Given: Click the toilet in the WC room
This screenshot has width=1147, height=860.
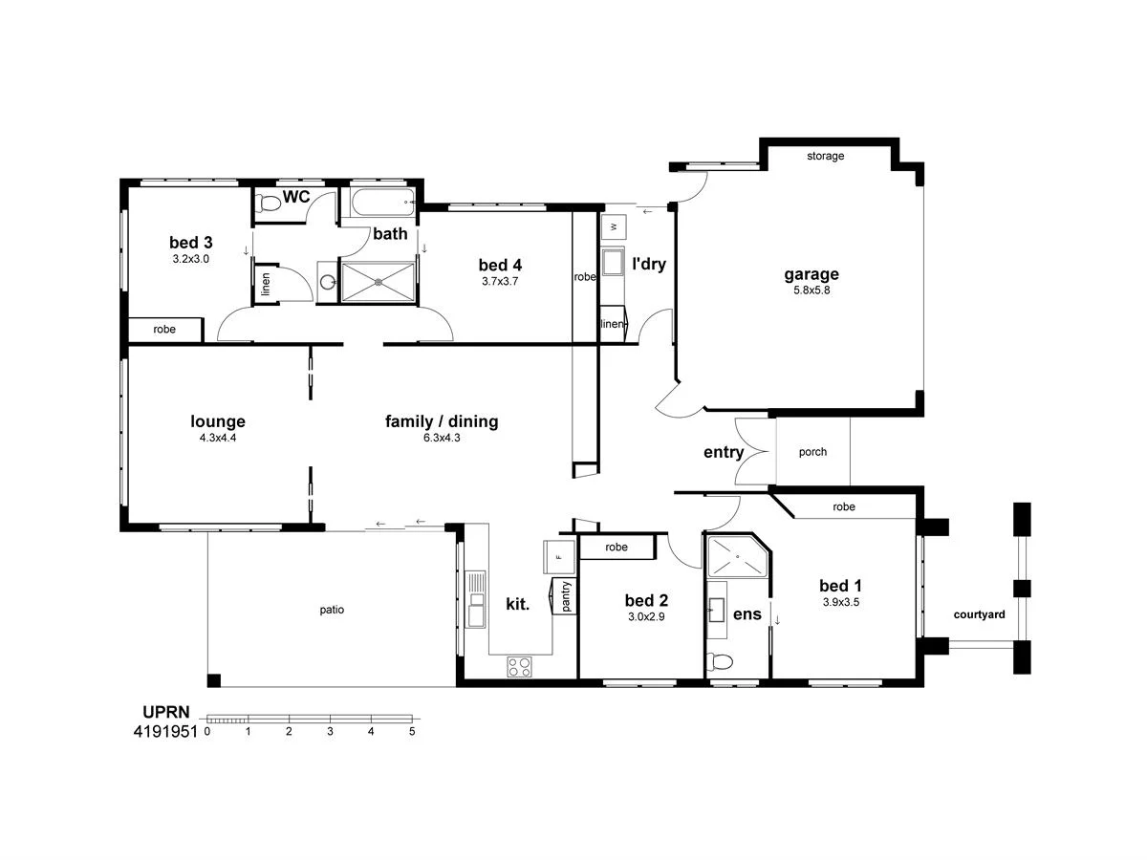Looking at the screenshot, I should click(x=270, y=203).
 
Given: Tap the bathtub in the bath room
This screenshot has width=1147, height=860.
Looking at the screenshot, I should click(x=382, y=203).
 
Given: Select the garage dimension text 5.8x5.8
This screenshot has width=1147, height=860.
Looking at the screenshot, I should click(x=812, y=290).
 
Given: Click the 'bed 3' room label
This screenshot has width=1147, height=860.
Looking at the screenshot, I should click(x=190, y=242).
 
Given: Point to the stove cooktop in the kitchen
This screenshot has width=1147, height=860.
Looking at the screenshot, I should click(x=519, y=667).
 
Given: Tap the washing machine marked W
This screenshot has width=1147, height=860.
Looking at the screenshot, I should click(x=613, y=226).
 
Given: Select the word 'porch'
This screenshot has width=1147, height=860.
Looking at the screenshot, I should click(x=812, y=452).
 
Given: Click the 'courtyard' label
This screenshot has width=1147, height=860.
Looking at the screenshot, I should click(x=979, y=614).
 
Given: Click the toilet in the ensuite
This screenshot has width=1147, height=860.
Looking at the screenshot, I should click(x=722, y=661).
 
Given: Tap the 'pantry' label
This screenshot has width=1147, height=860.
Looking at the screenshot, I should click(x=565, y=596).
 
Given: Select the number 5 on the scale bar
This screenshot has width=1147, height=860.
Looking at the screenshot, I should click(x=412, y=732).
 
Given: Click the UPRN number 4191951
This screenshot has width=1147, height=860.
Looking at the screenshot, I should click(x=165, y=732).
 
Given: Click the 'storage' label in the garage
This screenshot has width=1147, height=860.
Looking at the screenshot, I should click(x=825, y=156).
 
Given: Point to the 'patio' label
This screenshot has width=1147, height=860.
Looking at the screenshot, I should click(x=332, y=609).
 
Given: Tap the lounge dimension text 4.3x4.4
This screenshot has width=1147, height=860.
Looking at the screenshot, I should click(x=218, y=438).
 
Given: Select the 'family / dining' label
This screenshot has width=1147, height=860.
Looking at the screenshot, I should click(x=442, y=421).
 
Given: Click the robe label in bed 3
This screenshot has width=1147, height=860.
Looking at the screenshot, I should click(x=164, y=329).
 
